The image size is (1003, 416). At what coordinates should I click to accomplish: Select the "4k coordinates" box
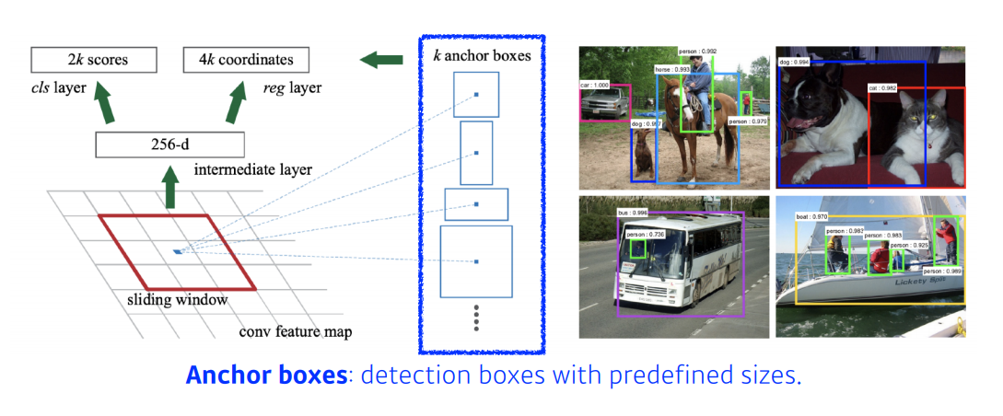[x=246, y=61]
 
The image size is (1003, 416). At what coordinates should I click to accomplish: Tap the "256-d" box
[x=169, y=144]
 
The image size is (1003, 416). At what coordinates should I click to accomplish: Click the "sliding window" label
[x=178, y=299]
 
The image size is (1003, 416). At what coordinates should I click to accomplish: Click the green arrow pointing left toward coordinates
[x=381, y=61]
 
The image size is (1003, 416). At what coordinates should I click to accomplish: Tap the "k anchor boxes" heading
[x=482, y=55]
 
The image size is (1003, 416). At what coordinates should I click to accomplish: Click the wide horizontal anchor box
[x=476, y=204]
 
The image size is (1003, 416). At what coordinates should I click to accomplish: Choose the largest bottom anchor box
[x=476, y=262]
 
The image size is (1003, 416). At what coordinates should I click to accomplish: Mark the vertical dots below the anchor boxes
[x=476, y=318]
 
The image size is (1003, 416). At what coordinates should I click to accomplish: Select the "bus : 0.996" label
[x=633, y=213]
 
